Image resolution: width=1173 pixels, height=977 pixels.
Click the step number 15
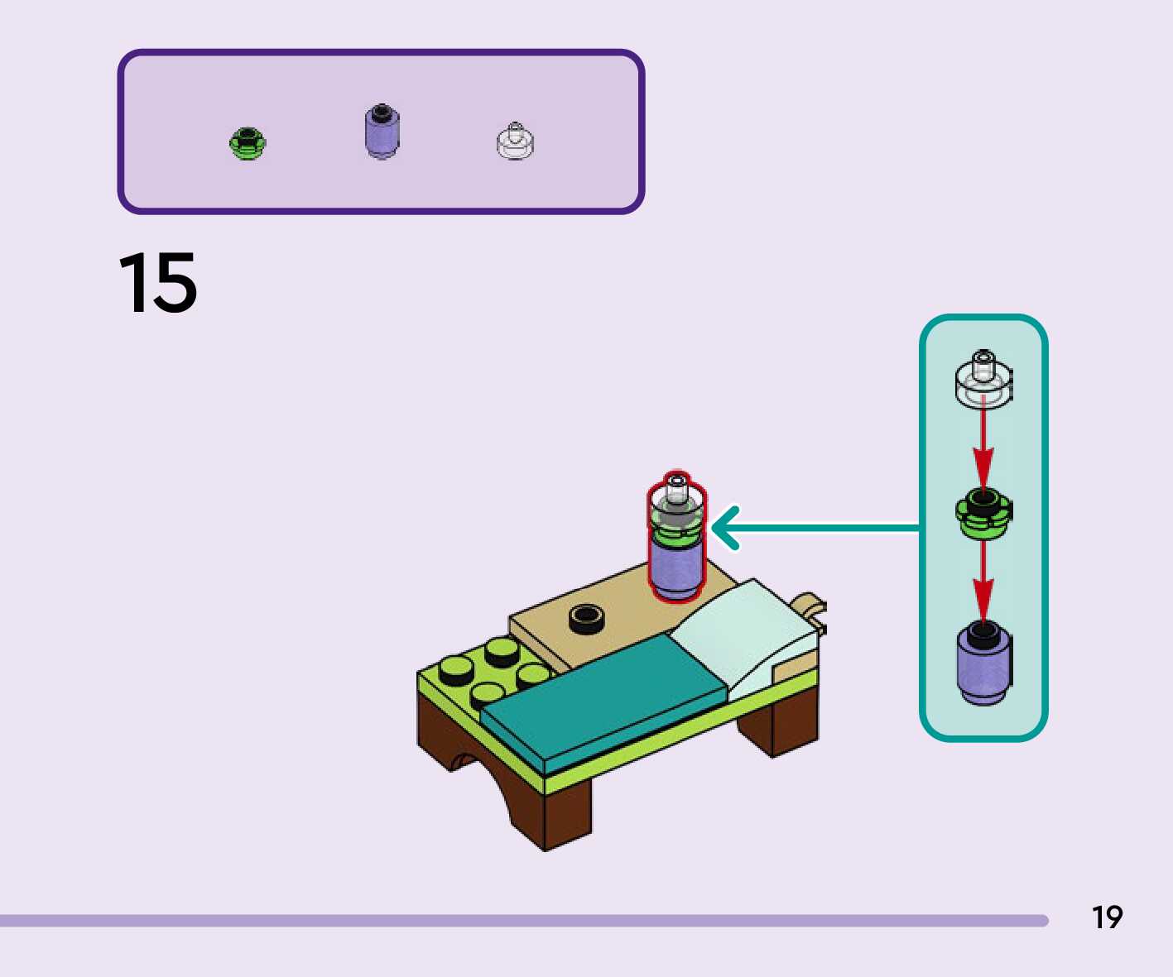(158, 284)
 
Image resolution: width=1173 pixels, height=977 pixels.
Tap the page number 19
(1107, 917)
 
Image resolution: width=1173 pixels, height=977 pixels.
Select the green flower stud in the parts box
(247, 144)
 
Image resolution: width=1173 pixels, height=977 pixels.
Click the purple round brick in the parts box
(382, 132)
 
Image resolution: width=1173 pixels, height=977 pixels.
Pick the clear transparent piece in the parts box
(515, 142)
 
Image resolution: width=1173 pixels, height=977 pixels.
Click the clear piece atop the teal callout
(983, 379)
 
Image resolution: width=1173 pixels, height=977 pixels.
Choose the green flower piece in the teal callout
(983, 513)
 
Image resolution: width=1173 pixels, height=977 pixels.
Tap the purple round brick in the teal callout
(983, 663)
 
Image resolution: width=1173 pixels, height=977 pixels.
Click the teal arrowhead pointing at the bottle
(725, 528)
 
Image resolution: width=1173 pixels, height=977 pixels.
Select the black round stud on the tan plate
(586, 618)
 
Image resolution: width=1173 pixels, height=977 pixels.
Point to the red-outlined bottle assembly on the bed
(676, 538)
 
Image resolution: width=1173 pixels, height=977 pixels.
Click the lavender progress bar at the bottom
(522, 920)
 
